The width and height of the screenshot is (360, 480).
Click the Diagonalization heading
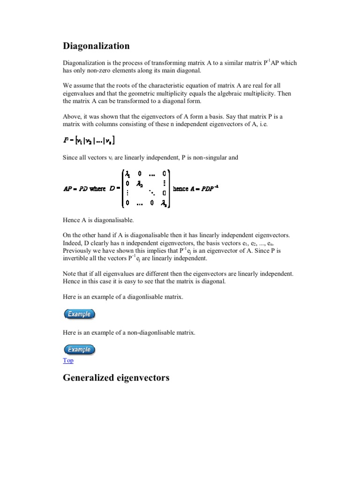coord(96,46)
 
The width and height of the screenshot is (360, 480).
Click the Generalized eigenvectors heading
coord(116,377)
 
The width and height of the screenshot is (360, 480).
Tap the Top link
coord(68,360)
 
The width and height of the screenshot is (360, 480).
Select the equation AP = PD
coord(75,189)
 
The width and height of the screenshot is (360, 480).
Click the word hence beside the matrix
coord(180,188)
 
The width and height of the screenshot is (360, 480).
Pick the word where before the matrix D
coord(97,189)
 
